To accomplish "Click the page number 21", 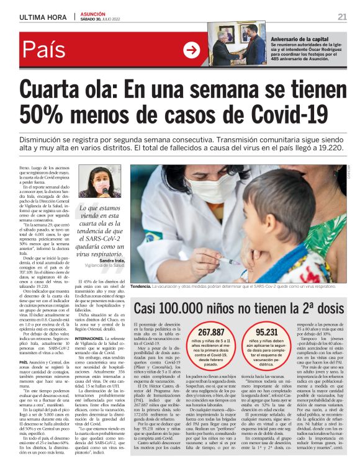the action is tap(342, 16).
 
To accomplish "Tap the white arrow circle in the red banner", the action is tap(191, 50).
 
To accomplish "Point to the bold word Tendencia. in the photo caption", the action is tap(141, 287).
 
